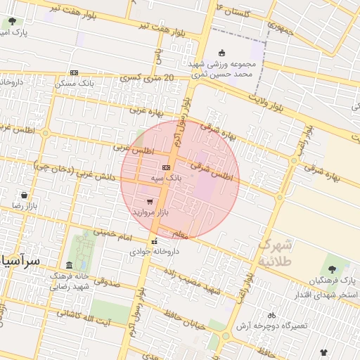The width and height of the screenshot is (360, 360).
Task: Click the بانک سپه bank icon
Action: tap(166, 167)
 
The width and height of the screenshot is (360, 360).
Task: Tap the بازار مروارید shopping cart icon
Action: tap(150, 201)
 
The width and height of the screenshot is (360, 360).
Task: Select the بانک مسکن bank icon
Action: tap(74, 72)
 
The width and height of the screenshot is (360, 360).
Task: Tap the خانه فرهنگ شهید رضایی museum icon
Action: tap(68, 265)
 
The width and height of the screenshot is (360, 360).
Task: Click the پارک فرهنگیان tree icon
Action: tap(333, 269)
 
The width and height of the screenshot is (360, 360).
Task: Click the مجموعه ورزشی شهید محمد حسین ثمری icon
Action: tap(222, 53)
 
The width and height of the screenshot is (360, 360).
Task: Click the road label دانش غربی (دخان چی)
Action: tap(75, 172)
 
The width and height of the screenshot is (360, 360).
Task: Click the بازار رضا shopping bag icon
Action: tap(25, 195)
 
